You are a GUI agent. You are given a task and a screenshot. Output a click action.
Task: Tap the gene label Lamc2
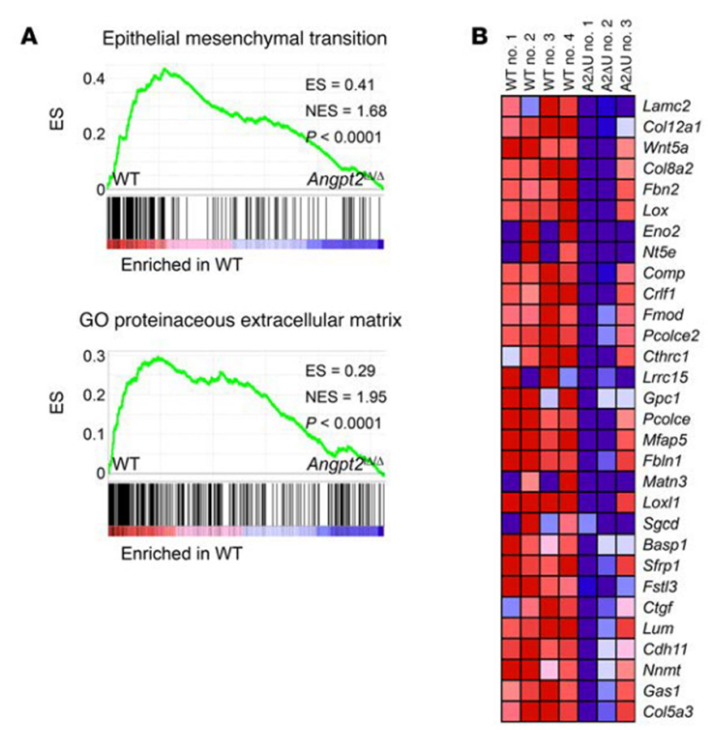click(662, 105)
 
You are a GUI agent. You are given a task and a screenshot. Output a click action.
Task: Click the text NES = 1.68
click(334, 110)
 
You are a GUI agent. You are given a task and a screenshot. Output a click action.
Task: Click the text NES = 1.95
click(334, 397)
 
